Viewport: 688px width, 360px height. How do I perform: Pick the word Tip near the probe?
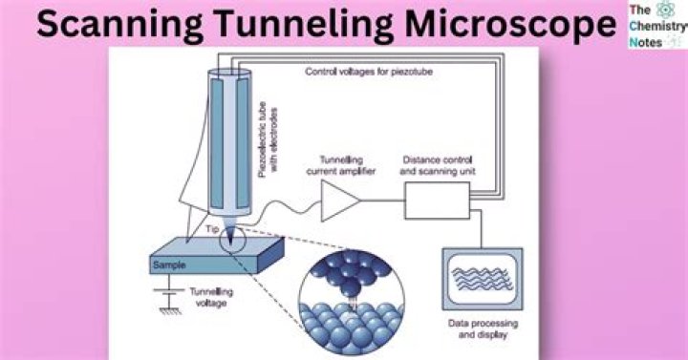coord(212,230)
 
